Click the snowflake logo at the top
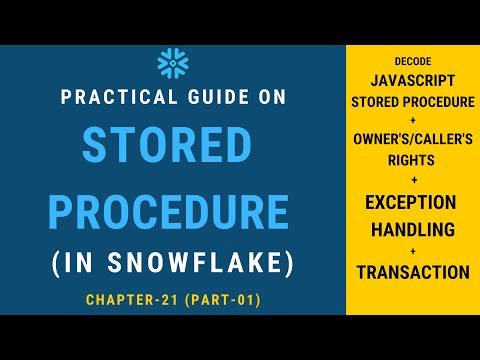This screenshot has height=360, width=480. click(173, 64)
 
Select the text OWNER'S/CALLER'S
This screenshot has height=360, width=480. click(412, 139)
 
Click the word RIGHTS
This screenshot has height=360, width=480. click(412, 159)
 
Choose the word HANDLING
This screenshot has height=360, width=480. click(412, 230)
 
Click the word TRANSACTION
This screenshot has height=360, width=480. click(412, 271)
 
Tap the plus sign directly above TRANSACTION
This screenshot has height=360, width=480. click(412, 251)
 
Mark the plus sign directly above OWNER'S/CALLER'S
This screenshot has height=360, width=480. click(412, 120)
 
